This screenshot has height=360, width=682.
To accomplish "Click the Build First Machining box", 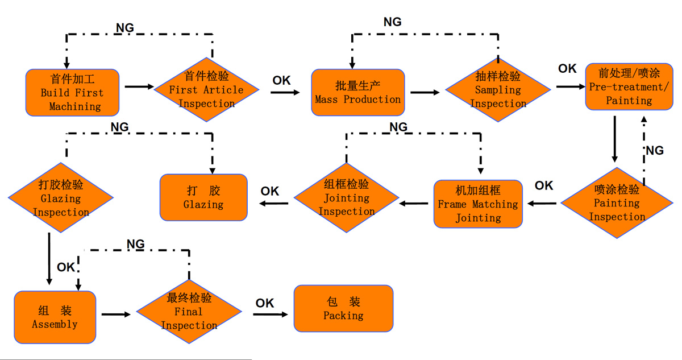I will (x=72, y=92).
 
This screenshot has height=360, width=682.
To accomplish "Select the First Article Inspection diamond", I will (x=206, y=90).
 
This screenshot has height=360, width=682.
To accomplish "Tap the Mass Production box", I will (x=358, y=92).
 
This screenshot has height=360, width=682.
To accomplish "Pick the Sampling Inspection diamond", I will (x=498, y=89).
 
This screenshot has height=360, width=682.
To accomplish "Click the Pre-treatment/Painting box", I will (x=629, y=86).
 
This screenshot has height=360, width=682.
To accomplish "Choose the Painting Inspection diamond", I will (x=617, y=203).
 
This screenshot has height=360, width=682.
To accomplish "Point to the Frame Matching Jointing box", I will (x=478, y=204).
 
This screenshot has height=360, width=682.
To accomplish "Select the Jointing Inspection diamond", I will (x=347, y=198).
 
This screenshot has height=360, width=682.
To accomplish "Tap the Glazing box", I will (x=203, y=197).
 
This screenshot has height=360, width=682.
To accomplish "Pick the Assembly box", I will (x=55, y=317).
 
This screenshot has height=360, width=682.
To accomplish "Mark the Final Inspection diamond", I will (x=189, y=312).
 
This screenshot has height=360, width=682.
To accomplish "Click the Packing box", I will (x=343, y=308).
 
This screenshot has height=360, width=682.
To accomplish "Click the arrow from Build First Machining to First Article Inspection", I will (x=139, y=87).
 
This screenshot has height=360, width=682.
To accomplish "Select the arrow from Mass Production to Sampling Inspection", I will (x=425, y=92).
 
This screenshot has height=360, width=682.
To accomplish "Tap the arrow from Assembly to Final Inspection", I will (x=117, y=313).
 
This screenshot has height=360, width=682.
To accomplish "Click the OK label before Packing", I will (x=265, y=303).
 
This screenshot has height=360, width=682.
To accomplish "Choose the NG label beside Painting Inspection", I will (x=655, y=150).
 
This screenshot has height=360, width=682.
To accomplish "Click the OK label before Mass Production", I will (x=281, y=80).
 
